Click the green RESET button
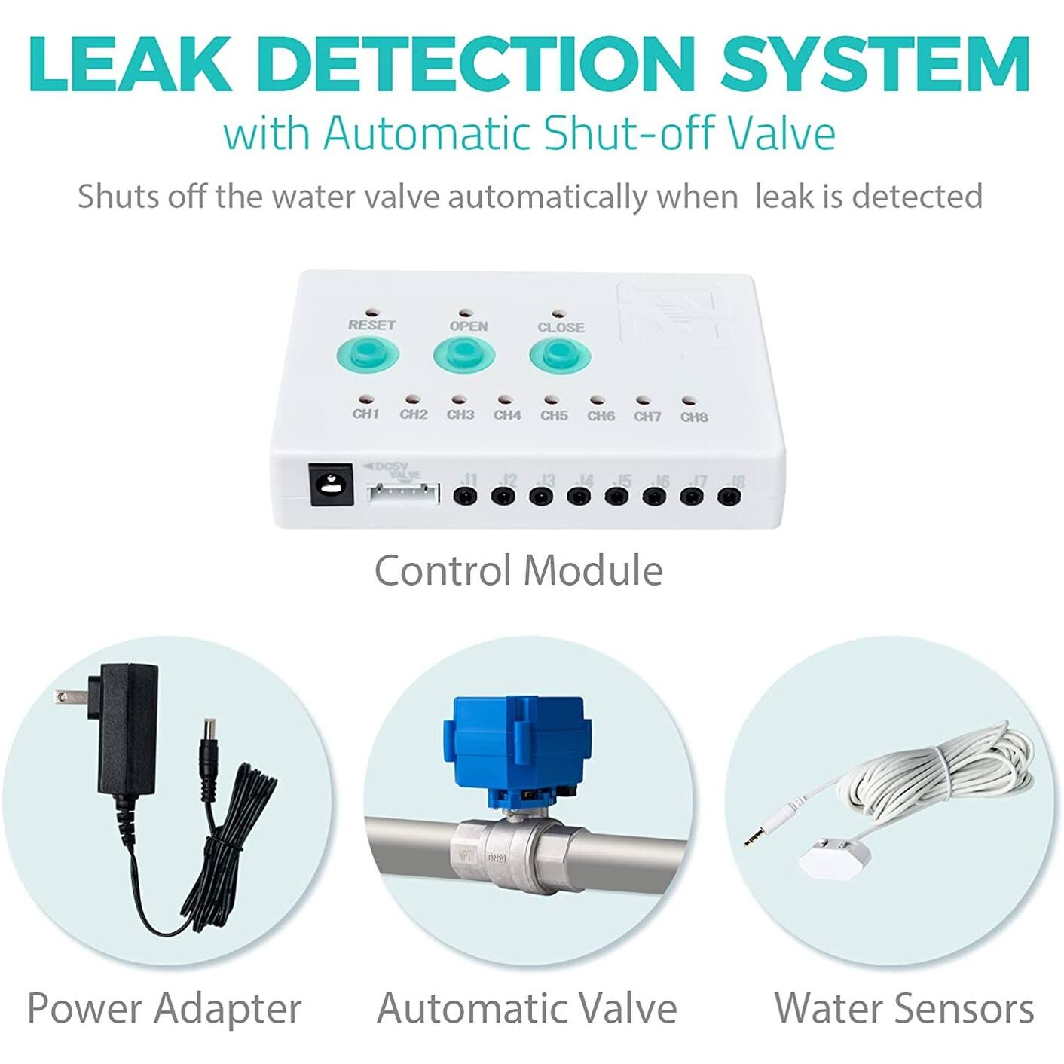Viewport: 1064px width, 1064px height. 367,355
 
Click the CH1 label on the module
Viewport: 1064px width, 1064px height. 365,414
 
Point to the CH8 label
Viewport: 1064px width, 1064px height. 694,417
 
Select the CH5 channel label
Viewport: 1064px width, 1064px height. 554,415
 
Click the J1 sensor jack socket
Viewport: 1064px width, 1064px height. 465,496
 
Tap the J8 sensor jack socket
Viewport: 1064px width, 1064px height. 729,497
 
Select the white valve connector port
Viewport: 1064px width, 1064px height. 402,494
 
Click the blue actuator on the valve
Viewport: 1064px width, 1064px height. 516,746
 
